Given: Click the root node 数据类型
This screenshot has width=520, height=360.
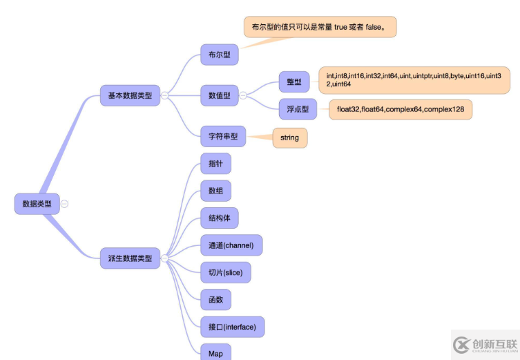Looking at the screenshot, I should [x=37, y=204].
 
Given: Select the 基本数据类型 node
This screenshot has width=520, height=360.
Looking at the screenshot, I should [x=130, y=95].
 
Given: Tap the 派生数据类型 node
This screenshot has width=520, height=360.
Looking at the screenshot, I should [x=130, y=258].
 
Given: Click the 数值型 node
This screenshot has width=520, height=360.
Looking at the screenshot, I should [x=219, y=95].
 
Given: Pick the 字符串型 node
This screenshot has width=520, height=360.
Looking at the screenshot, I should [x=222, y=137].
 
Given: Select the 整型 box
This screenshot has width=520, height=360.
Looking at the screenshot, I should [x=294, y=82].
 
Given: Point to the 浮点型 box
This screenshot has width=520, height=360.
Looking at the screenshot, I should [x=298, y=109].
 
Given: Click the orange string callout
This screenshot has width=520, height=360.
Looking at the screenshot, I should [x=290, y=138].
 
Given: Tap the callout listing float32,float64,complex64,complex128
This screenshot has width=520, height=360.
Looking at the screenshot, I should [x=400, y=109].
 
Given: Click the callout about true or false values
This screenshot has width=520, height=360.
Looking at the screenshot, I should [x=320, y=27].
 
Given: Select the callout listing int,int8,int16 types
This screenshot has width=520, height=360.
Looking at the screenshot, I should [x=414, y=79].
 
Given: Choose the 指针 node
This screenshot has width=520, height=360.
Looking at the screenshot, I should [x=215, y=164].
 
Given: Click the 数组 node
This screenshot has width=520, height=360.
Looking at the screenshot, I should [x=215, y=191].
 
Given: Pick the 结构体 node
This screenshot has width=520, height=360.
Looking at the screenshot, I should [x=219, y=218].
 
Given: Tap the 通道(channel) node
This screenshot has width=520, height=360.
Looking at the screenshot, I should [x=231, y=245].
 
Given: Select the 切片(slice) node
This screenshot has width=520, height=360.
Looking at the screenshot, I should [x=225, y=272].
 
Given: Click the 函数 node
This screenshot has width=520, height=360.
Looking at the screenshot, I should [x=215, y=299].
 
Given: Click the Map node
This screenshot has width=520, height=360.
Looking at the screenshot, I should [x=215, y=352].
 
